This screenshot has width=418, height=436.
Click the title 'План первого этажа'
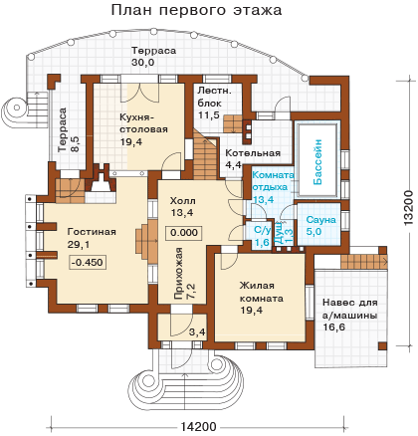click(196, 10)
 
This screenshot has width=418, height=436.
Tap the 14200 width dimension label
click(199, 427)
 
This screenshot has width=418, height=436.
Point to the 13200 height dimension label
click(408, 208)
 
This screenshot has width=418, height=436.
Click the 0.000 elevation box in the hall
click(184, 233)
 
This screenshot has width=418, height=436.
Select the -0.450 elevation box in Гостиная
click(88, 262)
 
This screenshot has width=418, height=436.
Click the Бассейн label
click(317, 162)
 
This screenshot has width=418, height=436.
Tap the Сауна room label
click(320, 220)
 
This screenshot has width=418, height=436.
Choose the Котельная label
click(253, 153)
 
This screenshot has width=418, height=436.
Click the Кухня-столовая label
click(143, 123)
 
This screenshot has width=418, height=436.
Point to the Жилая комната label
click(262, 292)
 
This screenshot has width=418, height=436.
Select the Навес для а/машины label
click(350, 309)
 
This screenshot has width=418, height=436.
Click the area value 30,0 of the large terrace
click(143, 63)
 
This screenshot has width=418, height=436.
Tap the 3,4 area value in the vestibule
click(197, 331)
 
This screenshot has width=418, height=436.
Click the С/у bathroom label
click(263, 230)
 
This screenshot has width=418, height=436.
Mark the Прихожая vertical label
click(178, 274)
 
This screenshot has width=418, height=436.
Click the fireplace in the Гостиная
click(101, 182)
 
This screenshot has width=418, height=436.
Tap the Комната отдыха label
click(273, 181)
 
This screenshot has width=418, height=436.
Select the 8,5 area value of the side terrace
click(75, 145)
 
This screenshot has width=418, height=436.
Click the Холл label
click(182, 201)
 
